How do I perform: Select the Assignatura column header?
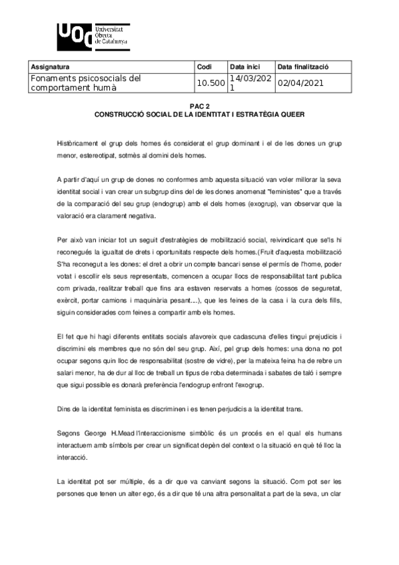pos(51,67)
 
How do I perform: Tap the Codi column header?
pos(204,67)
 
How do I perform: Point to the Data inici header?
pos(244,67)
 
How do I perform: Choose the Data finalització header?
pos(302,67)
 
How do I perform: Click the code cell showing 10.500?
pos(210,83)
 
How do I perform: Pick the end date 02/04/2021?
pos(301,83)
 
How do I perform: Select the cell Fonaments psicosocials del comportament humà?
pos(87,83)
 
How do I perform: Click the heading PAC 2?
pos(200,106)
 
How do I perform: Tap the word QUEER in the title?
pos(291,113)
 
